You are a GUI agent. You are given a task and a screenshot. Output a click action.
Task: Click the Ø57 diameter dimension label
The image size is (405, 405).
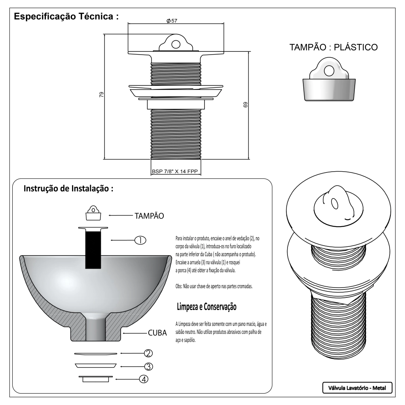click(x=172, y=21)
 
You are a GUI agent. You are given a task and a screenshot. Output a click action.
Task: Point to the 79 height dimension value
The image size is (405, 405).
click(x=101, y=95)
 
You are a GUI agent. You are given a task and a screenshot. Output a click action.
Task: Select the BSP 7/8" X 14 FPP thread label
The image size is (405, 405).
click(x=175, y=172)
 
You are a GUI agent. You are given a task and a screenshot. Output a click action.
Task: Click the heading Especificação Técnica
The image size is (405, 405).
click(x=66, y=17)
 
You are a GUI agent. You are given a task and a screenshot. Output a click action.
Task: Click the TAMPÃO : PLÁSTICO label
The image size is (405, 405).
click(x=333, y=47)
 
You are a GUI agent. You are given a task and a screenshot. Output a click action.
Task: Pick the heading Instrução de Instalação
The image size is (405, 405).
click(x=68, y=188)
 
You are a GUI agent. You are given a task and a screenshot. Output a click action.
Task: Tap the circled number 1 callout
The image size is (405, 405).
click(x=140, y=240)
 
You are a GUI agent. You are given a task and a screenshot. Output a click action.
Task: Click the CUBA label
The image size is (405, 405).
click(x=157, y=333)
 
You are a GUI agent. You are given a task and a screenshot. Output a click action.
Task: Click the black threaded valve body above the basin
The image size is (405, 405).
click(x=93, y=249)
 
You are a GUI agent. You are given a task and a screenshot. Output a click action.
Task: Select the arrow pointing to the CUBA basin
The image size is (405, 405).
click(x=134, y=333)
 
